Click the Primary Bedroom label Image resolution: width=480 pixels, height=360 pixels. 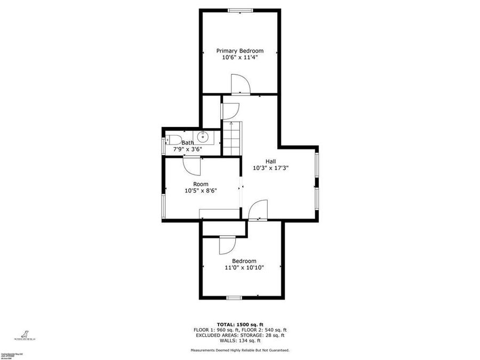[239, 51]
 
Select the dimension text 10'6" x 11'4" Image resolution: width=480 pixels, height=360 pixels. [239, 58]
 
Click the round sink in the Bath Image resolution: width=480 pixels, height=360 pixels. [203, 138]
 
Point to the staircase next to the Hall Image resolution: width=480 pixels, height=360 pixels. [232, 137]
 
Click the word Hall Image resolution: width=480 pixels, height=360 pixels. [271, 161]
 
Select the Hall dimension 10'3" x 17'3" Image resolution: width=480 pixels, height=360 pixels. [271, 167]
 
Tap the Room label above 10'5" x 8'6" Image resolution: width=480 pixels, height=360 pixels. [201, 184]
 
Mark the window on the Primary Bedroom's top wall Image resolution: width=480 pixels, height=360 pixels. [241, 10]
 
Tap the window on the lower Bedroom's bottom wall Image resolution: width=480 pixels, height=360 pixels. [234, 298]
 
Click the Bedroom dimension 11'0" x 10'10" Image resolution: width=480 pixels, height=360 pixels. [244, 268]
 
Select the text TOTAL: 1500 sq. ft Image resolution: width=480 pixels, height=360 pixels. [240, 324]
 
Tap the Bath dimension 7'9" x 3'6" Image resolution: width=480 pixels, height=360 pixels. [187, 149]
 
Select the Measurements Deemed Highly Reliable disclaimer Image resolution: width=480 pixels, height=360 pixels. [240, 350]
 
